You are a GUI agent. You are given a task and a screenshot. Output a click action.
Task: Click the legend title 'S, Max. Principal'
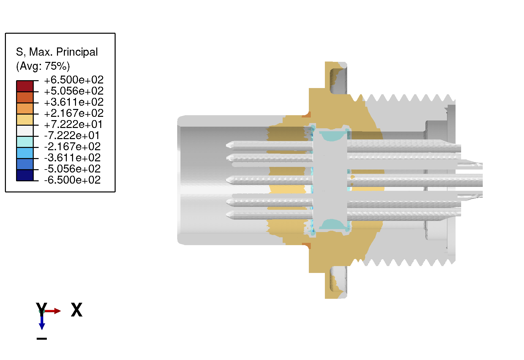[57, 52]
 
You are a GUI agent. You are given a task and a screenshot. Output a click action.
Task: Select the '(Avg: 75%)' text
[43, 66]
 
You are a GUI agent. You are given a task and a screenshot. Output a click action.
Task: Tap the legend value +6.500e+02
[74, 80]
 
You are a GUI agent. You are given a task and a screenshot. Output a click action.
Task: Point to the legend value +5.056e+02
[74, 91]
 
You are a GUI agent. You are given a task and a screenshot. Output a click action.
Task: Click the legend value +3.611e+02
[74, 102]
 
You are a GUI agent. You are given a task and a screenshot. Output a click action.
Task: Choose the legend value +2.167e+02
[74, 113]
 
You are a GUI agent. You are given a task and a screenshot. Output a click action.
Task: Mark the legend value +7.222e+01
[73, 124]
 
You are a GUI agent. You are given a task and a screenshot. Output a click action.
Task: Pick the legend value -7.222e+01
[72, 135]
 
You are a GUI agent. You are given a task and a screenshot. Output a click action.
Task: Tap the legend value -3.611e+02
[72, 158]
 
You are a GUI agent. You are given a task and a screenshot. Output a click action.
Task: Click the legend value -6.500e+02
[72, 180]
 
